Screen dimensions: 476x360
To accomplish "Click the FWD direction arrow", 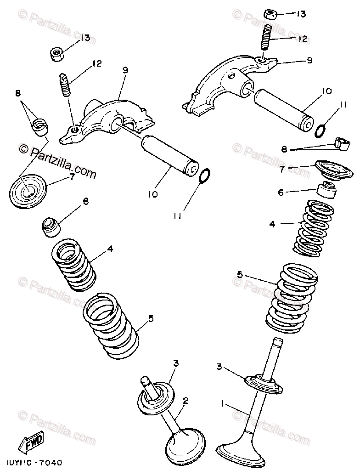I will point(31,443).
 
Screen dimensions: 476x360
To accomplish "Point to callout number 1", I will point(223,404).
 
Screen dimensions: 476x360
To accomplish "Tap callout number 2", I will point(185,400).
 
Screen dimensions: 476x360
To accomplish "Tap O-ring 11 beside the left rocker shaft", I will point(205,176).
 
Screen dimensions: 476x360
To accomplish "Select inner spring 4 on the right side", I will point(313,227).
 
